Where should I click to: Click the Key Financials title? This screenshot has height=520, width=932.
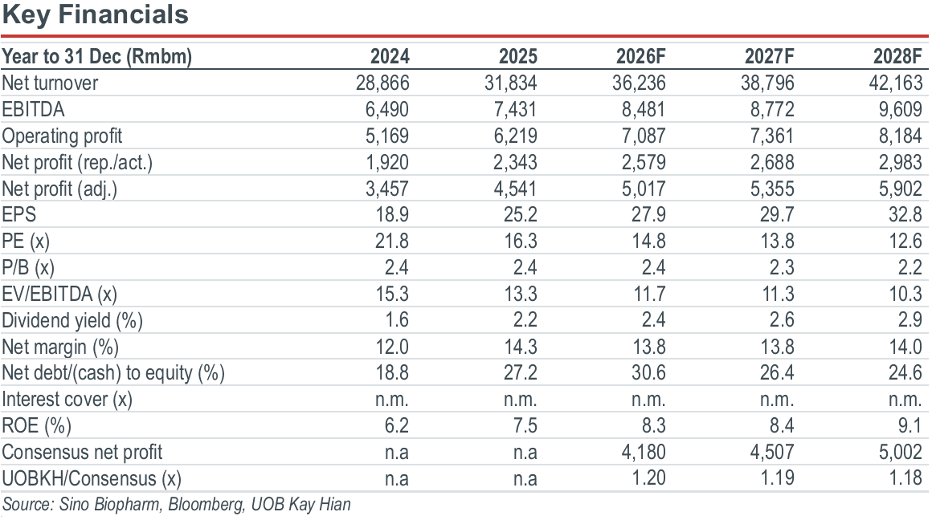(95, 14)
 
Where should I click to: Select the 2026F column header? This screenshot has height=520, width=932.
(640, 56)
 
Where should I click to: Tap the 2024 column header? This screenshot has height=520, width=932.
(390, 56)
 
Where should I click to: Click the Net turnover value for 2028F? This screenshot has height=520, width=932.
(896, 83)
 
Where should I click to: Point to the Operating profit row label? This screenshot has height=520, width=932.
(62, 136)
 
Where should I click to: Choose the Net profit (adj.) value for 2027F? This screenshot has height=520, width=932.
(771, 189)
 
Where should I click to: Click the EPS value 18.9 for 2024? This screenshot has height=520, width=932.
(392, 214)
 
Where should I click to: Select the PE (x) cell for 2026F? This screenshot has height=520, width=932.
(648, 241)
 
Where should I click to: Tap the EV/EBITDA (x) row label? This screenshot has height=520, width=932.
(59, 294)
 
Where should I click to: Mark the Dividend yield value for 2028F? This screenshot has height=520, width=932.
(910, 320)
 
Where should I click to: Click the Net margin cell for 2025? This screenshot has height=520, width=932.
(520, 347)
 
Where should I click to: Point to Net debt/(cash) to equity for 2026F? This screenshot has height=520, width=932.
(648, 373)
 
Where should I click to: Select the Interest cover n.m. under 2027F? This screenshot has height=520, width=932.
(777, 400)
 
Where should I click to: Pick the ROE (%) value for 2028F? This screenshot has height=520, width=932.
(910, 425)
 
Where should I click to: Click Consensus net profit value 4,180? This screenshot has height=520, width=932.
(643, 453)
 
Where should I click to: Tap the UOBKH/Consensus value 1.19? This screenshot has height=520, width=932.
(777, 477)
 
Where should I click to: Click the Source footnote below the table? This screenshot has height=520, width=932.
(177, 505)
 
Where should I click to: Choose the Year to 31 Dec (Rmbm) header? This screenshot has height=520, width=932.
(97, 57)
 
